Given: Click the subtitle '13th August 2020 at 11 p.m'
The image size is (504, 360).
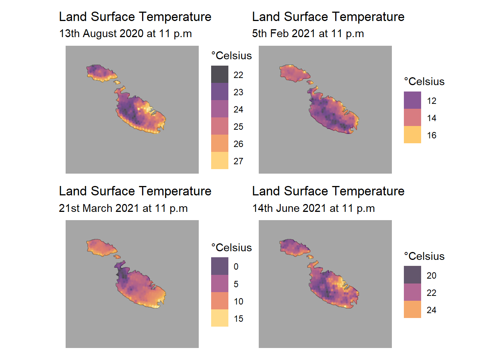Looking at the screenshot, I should pos(125,34).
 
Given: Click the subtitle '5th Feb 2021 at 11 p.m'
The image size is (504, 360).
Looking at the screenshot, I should pos(308,34).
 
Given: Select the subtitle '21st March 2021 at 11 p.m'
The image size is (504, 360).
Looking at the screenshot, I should pos(123,208).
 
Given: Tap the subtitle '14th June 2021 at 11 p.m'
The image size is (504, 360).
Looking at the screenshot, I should pos(313,208).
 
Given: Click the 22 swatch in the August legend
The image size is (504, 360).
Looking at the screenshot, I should pos(220,74).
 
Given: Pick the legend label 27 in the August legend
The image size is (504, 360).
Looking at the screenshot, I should pos(238,161).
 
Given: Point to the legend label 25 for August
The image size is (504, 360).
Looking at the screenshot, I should pos(238,127).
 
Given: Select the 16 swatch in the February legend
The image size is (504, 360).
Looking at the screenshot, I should pos(412,135).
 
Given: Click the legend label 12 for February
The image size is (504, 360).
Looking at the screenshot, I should pos(432,101).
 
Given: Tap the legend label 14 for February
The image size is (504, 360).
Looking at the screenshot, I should pos(432,118).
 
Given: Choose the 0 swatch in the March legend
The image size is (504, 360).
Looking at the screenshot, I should pos(220,266).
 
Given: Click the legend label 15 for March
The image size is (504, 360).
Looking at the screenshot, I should pos(238,319).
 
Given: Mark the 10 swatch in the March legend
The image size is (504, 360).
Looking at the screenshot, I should pos(220,301).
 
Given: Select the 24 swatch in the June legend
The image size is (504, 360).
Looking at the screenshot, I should pos(412,309).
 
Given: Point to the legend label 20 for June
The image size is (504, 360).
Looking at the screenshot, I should pos(432,276).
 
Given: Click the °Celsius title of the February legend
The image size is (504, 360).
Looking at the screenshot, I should pos(424,82).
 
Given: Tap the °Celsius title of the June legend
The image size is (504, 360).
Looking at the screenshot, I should pos(424,256).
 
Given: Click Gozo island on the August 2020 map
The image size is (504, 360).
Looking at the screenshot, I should pos(100,73).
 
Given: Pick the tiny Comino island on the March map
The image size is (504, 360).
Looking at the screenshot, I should pos(117,257).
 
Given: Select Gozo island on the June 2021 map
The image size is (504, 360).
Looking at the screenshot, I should pos(293,247).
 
